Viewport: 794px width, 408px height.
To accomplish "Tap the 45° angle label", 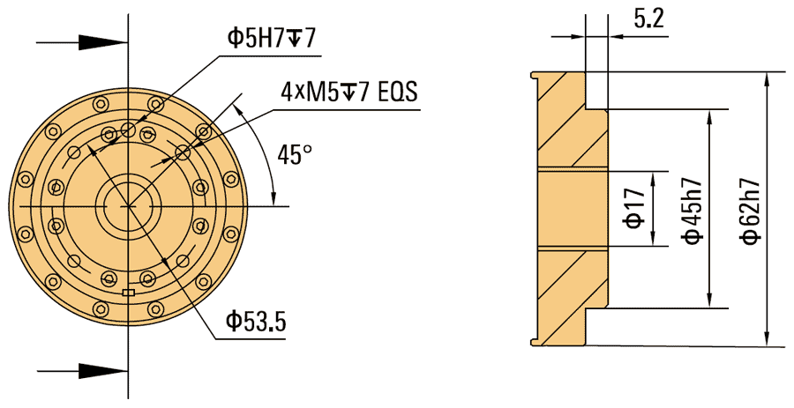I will (295, 155).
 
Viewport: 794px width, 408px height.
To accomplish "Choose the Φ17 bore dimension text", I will (633, 210).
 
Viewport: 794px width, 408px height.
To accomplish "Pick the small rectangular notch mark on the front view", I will (129, 292).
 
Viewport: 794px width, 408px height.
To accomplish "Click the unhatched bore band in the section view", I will (573, 210).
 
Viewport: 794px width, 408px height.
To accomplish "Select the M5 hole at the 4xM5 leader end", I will (183, 153).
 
